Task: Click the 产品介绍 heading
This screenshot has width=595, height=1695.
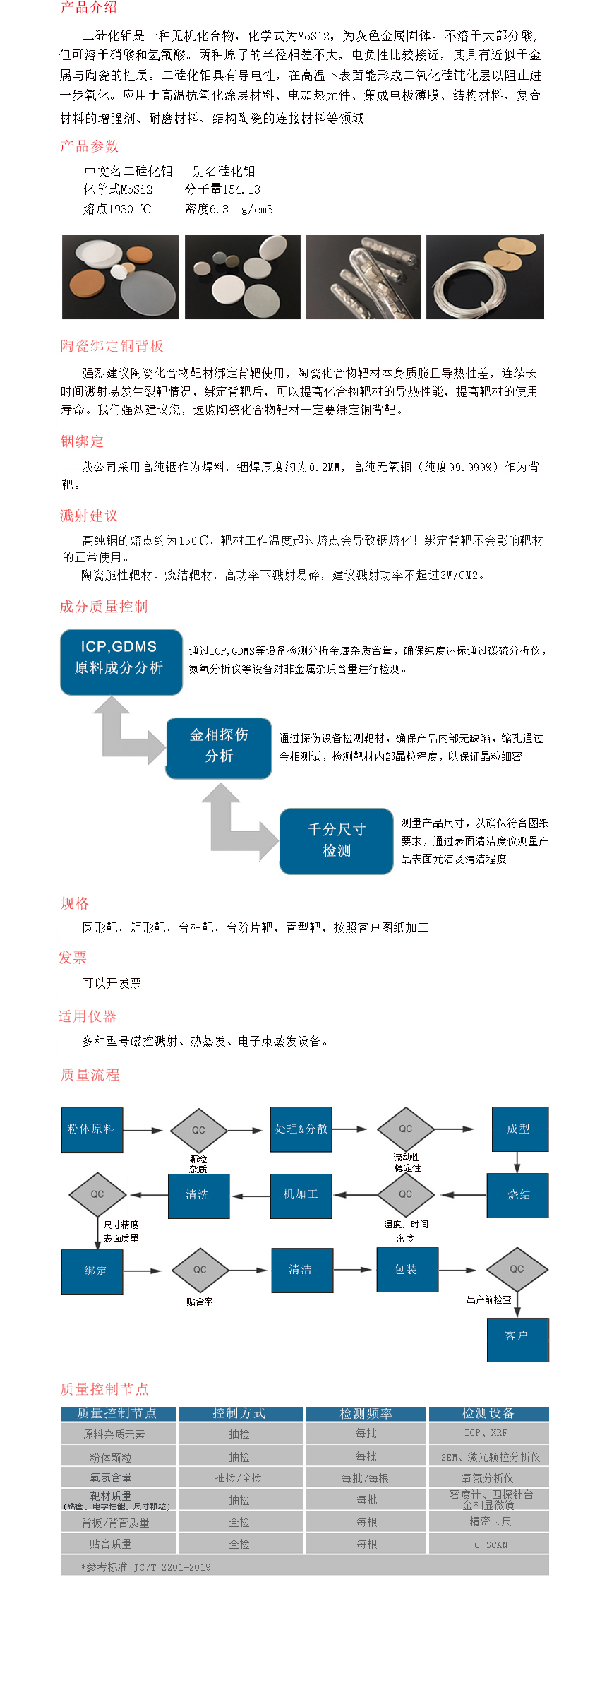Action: pos(88,8)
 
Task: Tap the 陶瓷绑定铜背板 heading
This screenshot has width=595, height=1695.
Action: pos(112,346)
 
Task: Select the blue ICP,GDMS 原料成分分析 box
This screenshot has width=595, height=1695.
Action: pos(121,662)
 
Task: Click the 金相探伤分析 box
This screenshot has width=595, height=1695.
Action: pos(218,748)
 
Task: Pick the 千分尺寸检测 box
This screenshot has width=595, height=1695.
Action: pos(336,840)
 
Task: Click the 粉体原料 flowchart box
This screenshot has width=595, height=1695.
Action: pos(92,1129)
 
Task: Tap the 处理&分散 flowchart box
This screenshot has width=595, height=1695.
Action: pos(301,1129)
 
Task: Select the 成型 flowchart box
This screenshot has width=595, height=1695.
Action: pos(519,1129)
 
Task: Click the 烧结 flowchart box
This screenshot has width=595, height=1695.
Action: pos(518,1194)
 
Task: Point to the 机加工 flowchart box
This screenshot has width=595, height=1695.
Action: pos(301,1195)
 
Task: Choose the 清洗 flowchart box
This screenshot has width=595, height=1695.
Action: pos(198,1195)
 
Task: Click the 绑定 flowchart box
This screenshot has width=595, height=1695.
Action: pos(92,1271)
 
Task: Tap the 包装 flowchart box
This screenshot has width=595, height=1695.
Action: pos(407,1270)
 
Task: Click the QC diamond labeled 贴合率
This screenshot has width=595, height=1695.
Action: pos(200,1270)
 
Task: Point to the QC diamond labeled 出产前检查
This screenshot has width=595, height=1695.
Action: pos(517,1269)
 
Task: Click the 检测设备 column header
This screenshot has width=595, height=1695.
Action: pos(488,1413)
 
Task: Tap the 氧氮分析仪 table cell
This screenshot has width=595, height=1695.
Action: pos(488,1477)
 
